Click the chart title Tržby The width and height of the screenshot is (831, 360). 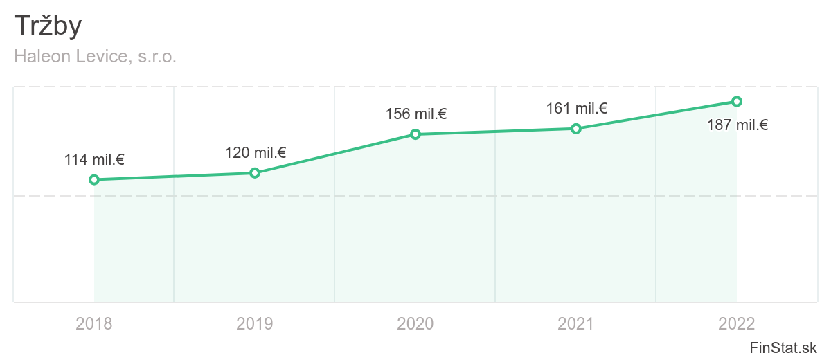point(48,26)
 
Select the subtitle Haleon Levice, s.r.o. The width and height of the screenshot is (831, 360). point(96,57)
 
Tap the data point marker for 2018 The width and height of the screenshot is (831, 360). point(94,180)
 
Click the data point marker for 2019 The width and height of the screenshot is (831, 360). point(255,173)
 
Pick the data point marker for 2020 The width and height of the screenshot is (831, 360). point(415,134)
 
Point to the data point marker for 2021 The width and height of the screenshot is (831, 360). point(575,129)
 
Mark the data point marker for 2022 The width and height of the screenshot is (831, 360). point(737,101)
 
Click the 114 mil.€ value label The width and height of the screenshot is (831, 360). point(94,160)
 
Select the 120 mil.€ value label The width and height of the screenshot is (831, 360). point(256,153)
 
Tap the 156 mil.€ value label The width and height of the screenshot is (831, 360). point(416,114)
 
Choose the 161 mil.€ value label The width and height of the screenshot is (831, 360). point(577,108)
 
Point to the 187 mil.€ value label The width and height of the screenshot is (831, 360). point(738,125)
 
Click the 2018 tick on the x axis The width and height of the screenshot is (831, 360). point(94,323)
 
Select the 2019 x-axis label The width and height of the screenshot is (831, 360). point(255,323)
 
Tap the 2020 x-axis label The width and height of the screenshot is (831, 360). point(415,323)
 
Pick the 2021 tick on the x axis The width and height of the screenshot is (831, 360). point(576,323)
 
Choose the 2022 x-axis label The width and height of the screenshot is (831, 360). point(737,323)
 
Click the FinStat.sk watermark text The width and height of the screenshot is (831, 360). point(783,348)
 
